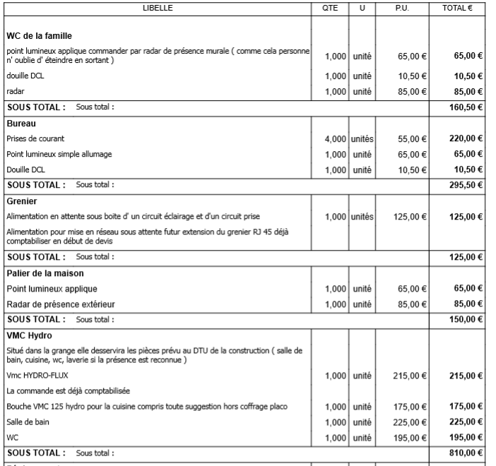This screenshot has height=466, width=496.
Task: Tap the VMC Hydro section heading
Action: coord(29,335)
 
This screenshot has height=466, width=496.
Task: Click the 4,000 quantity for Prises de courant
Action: coord(335,139)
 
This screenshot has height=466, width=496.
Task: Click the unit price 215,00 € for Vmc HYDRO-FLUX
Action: coord(411,376)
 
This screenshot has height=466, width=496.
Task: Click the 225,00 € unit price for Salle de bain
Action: coord(411,423)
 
